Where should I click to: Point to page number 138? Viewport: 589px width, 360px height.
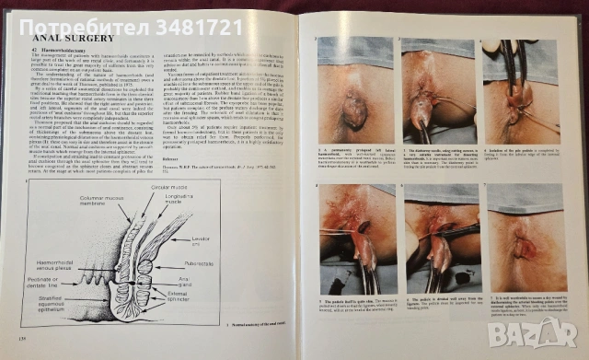point(11,342)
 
